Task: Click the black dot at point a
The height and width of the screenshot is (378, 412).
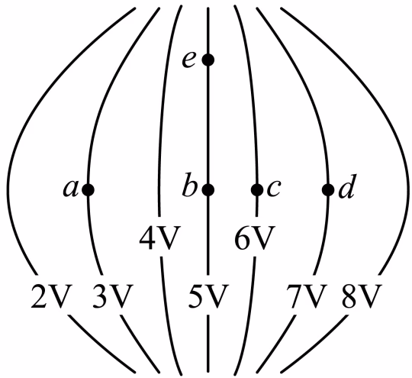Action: (88, 189)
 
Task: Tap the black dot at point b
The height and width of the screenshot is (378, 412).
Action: (208, 189)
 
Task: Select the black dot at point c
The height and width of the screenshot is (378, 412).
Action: (257, 189)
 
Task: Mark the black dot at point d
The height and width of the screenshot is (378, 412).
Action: (328, 189)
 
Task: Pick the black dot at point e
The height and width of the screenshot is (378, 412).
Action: (208, 60)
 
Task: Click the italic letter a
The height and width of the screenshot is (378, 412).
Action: (71, 189)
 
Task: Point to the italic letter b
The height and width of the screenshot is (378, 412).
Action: (190, 185)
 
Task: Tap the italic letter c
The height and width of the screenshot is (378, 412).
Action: (274, 189)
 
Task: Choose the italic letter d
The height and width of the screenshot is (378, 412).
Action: (347, 186)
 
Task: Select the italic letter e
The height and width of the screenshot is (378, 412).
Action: (188, 60)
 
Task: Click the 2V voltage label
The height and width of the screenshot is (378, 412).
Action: (52, 296)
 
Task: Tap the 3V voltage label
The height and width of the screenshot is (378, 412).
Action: (112, 296)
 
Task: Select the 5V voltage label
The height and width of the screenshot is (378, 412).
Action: (208, 296)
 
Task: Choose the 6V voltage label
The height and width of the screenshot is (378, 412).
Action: (255, 237)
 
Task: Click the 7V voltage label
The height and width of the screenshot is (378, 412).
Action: (307, 296)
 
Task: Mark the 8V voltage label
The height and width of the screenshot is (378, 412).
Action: (362, 296)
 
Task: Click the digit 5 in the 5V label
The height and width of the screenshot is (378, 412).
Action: (196, 296)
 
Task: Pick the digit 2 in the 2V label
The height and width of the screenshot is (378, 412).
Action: (39, 296)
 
